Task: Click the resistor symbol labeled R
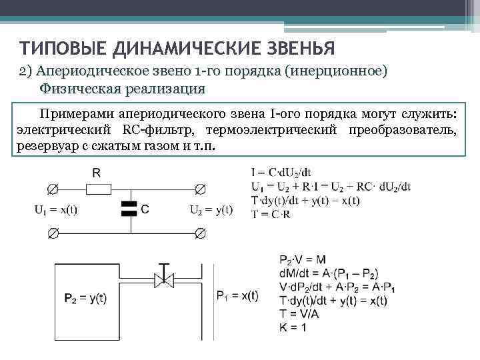pyautogui.click(x=96, y=188)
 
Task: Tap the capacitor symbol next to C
pyautogui.click(x=128, y=209)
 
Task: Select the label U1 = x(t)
pyautogui.click(x=55, y=209)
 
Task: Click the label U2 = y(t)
pyautogui.click(x=211, y=209)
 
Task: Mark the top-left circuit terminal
pyautogui.click(x=53, y=188)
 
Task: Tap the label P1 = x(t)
pyautogui.click(x=237, y=295)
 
